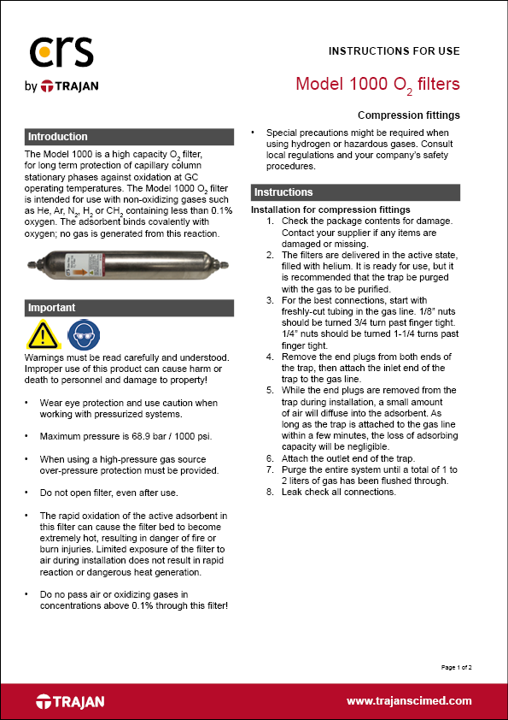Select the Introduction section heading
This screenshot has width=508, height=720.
click(x=58, y=137)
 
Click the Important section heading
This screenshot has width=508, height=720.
click(x=52, y=308)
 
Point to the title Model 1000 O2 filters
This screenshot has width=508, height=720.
click(x=377, y=85)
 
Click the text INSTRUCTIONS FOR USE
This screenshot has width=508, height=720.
click(x=394, y=51)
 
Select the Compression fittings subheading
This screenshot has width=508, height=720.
click(x=408, y=115)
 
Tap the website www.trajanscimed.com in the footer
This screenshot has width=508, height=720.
click(x=409, y=701)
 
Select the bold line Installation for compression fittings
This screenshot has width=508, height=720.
click(x=330, y=210)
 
